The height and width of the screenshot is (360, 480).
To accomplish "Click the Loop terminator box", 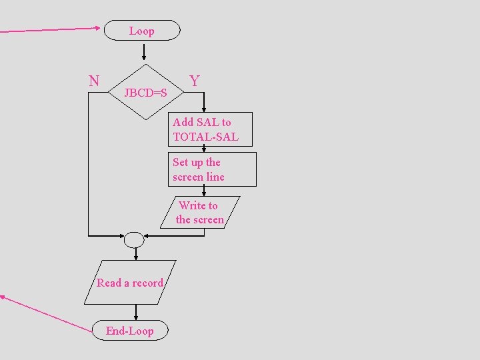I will click(141, 31).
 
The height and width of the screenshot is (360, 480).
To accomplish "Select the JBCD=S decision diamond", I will click(145, 92).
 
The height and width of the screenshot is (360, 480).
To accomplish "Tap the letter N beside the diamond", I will click(94, 81).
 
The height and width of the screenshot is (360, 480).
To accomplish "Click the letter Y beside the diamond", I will click(194, 81).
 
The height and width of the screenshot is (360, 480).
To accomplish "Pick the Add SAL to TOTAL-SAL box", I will click(210, 129).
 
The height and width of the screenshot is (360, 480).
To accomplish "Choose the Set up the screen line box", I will click(212, 169).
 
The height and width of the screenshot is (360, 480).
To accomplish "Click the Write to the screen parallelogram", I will click(199, 212).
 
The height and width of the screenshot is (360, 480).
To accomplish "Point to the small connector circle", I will click(134, 239).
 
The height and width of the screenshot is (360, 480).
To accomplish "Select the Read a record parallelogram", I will click(130, 283).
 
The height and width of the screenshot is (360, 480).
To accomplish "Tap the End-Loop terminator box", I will click(129, 331).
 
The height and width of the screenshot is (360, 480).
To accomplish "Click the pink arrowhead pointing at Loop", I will click(97, 28).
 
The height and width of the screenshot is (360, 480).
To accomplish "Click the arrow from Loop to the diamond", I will click(144, 53).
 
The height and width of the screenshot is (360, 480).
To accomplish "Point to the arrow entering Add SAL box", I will click(204, 106).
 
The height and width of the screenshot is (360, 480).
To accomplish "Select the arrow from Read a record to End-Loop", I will click(136, 313).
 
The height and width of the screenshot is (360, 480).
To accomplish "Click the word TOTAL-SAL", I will click(205, 137).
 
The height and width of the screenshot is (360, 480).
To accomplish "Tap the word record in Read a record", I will click(147, 283).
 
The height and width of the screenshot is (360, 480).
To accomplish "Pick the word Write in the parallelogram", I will click(191, 205).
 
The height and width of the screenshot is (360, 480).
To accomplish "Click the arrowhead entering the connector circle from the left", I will click(121, 235).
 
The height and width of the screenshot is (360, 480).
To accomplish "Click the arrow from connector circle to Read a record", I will click(136, 253).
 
